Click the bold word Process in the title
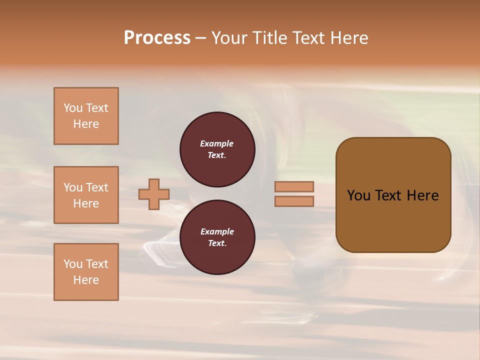[x=157, y=38]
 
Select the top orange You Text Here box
[x=86, y=116]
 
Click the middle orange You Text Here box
[x=86, y=195]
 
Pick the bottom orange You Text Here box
[x=86, y=272]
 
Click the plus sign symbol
[x=154, y=194]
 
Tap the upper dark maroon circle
[x=217, y=149]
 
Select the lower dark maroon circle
[x=217, y=237]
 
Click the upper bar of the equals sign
[x=294, y=186]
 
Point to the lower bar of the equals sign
[x=294, y=201]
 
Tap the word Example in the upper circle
[x=217, y=143]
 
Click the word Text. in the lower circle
[x=217, y=243]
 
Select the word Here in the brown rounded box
[x=422, y=195]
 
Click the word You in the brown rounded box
[x=359, y=195]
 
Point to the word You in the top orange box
[x=73, y=108]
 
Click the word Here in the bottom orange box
[x=86, y=280]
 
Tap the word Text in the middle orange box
[x=97, y=187]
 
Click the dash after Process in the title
[x=201, y=38]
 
